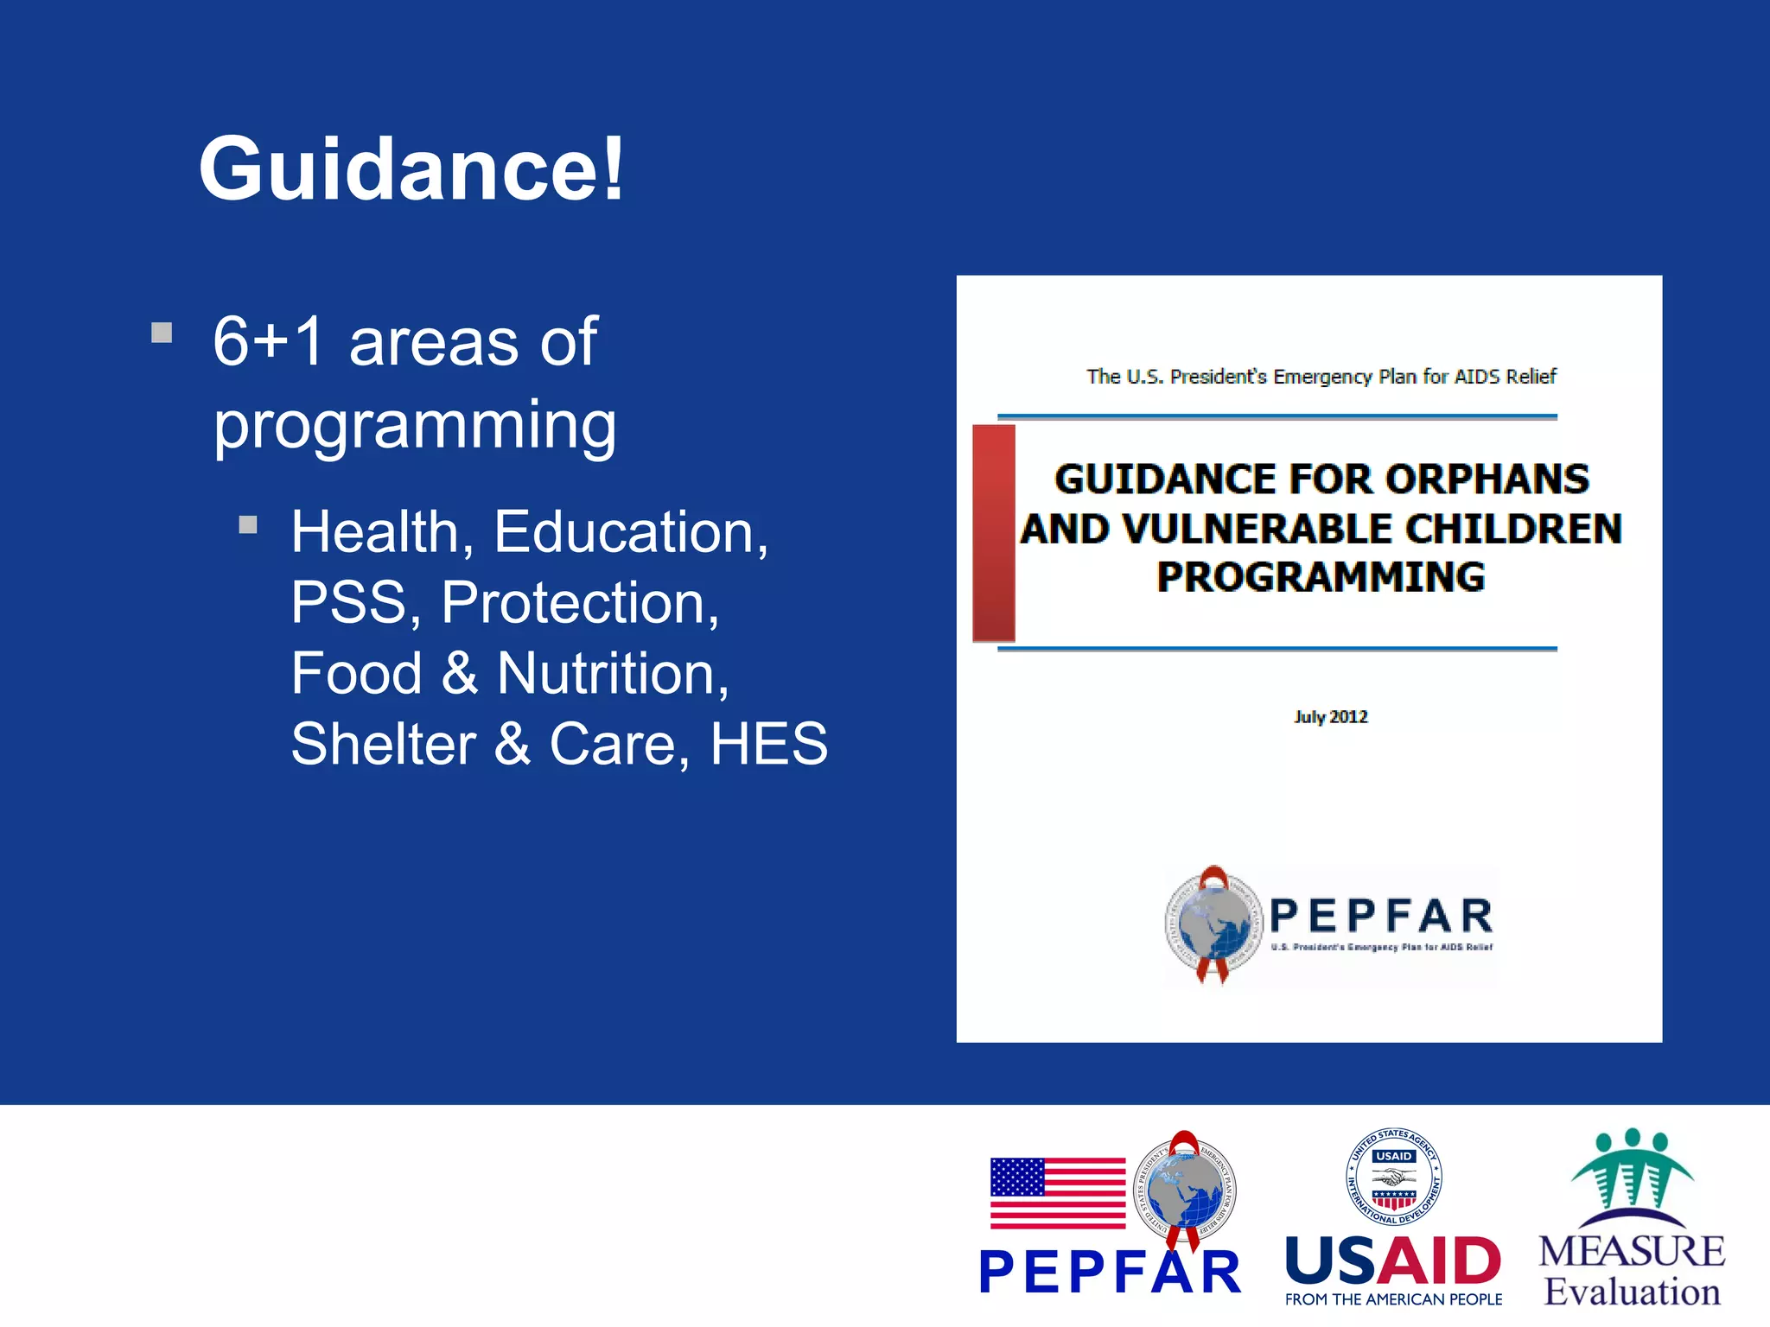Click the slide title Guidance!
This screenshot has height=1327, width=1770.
pos(411,168)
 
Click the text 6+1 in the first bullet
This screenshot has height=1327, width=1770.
pos(268,342)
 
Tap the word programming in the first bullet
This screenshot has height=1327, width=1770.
pos(415,425)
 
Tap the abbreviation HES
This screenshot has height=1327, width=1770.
pos(768,744)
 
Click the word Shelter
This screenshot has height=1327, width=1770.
pos(383,744)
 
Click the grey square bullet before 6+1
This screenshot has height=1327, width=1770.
pos(162,333)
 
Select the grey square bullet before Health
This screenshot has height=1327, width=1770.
pos(248,524)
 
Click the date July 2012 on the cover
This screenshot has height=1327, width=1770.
pos(1330,717)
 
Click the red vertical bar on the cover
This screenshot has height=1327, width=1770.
pos(993,533)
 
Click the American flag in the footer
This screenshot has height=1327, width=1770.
pos(1057,1193)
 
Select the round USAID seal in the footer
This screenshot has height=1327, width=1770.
pos(1393,1177)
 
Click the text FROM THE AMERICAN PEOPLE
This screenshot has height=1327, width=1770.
pos(1393,1299)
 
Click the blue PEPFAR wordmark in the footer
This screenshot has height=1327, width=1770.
pos(1109,1273)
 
